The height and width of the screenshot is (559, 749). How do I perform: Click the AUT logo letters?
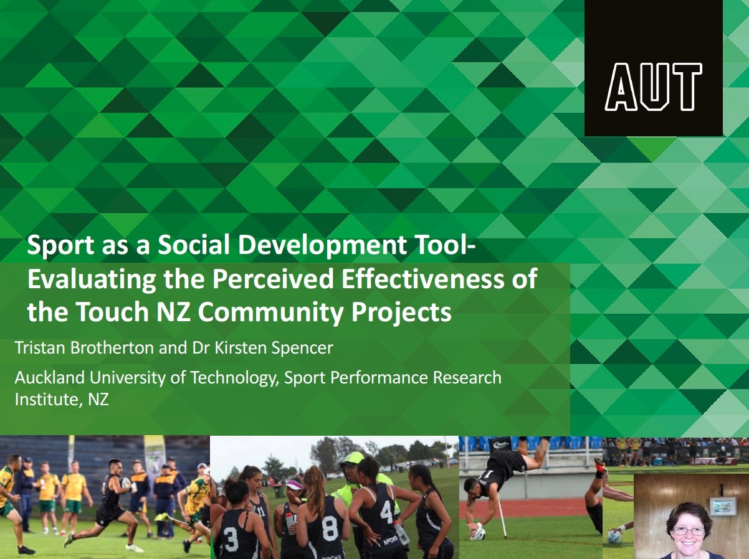pos(653,87)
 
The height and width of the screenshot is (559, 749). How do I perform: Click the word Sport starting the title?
pos(60,246)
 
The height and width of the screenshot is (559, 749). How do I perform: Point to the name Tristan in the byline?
pos(40,348)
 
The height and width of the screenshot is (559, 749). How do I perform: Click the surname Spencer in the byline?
pos(302,349)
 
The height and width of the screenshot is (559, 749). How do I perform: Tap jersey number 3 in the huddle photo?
pos(231,539)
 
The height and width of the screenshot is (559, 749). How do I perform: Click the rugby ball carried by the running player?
pos(126,483)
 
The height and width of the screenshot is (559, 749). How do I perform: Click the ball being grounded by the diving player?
pos(478,533)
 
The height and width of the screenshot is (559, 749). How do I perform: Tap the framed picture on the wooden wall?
pos(722,507)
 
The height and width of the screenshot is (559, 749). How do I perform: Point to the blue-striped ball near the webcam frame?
pos(613,537)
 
